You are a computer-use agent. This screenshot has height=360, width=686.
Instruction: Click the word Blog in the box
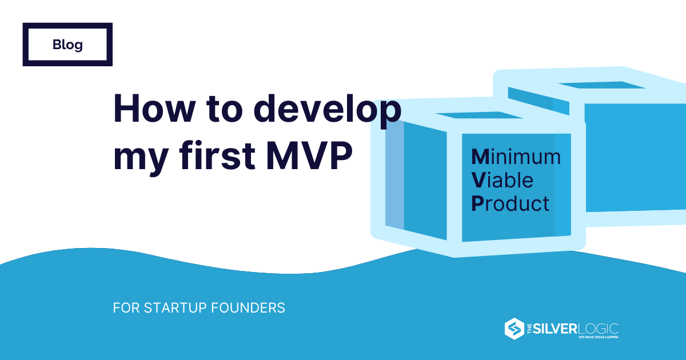coord(67,45)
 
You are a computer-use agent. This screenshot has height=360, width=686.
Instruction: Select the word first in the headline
coord(217,155)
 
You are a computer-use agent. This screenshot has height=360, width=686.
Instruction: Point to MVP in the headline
coord(309,156)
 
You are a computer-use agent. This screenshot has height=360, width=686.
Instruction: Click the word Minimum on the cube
coord(516,157)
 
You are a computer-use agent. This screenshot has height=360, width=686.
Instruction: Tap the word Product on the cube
coord(510,203)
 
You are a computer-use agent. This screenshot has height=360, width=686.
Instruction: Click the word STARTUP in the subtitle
coord(176,308)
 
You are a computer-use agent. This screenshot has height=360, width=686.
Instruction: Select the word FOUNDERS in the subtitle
coord(248,308)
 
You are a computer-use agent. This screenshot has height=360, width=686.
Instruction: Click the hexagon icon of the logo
coord(514,329)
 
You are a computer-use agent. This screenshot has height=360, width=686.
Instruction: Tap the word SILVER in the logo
coord(555,329)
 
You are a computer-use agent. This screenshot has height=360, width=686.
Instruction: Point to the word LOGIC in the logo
coord(598,329)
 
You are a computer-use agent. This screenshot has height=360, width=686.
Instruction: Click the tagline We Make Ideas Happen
coord(598,337)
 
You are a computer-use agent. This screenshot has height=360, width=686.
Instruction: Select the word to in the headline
coord(225,110)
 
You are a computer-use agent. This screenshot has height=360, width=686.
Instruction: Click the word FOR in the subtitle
coord(126,308)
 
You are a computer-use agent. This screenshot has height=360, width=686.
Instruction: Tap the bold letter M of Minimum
coord(480,157)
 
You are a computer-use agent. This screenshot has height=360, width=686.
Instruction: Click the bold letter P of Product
coord(477,203)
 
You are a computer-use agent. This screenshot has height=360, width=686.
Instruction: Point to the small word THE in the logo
coord(529,329)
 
